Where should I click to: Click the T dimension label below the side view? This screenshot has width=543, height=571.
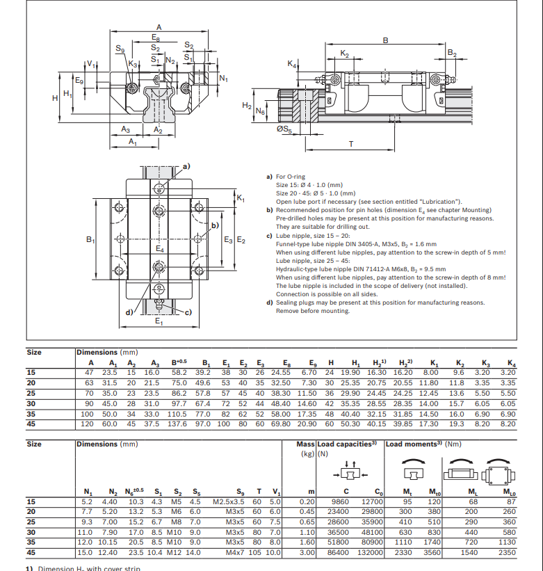(350, 144)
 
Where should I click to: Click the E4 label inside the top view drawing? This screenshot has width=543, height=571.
(161, 248)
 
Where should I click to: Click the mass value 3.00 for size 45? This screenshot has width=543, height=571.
(307, 552)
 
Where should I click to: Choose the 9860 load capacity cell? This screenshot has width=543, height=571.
(340, 501)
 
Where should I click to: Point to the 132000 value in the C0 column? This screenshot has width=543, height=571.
(369, 552)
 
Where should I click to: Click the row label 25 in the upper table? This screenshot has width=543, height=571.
(31, 393)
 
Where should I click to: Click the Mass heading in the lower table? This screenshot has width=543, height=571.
(305, 444)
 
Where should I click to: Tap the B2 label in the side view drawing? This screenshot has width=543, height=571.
(451, 53)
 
